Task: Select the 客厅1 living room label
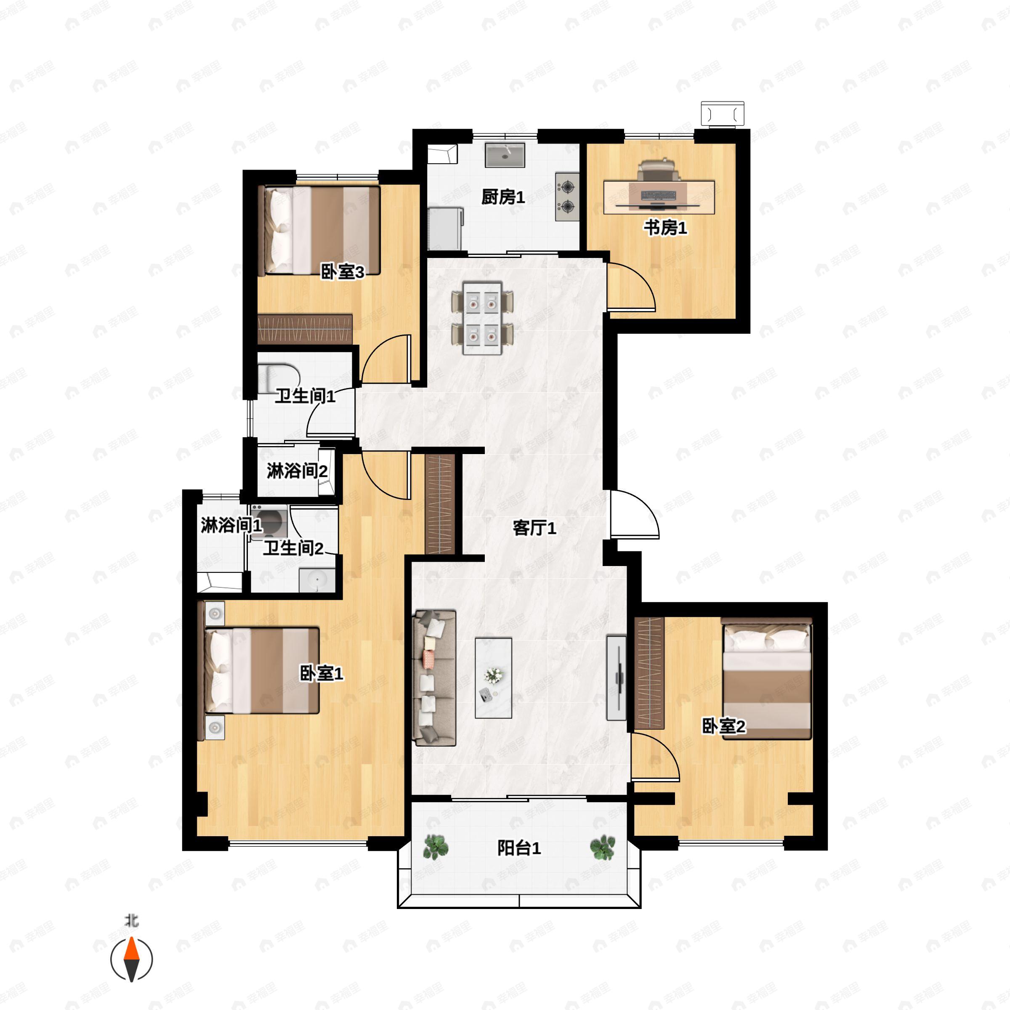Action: pos(534,528)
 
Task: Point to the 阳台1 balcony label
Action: pos(518,848)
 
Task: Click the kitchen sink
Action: pos(505,155)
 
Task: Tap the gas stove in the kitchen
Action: pos(567,196)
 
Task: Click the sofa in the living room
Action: pos(434,678)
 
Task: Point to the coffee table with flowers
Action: pos(493,678)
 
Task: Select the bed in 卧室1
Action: pos(261,671)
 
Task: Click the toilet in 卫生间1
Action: pos(279,378)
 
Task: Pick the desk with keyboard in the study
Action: pos(659,197)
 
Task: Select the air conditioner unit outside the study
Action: pos(723,114)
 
